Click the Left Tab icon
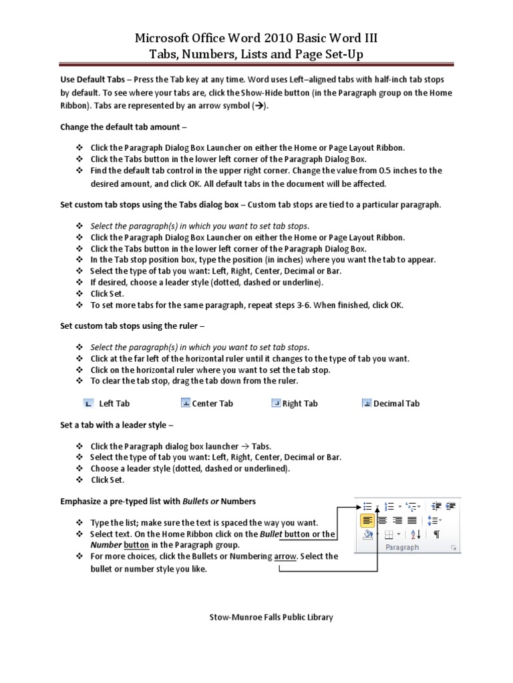click(x=88, y=403)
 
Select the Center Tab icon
click(x=186, y=403)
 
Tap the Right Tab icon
click(x=276, y=403)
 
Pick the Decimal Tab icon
click(x=367, y=403)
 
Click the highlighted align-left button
click(x=367, y=520)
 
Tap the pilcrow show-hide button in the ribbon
click(x=436, y=534)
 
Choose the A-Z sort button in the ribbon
click(x=414, y=534)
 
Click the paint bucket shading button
click(x=367, y=534)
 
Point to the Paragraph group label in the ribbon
click(x=402, y=548)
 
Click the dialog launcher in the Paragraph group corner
click(x=454, y=548)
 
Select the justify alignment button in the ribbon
click(x=412, y=520)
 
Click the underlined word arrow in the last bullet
click(x=285, y=556)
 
